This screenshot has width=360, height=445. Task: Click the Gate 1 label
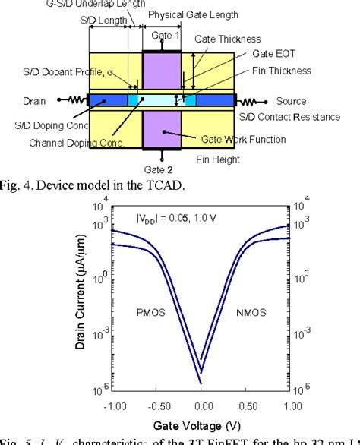(x=166, y=36)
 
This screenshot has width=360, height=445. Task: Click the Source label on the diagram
(x=291, y=101)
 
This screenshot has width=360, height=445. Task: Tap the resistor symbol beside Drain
(x=74, y=100)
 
